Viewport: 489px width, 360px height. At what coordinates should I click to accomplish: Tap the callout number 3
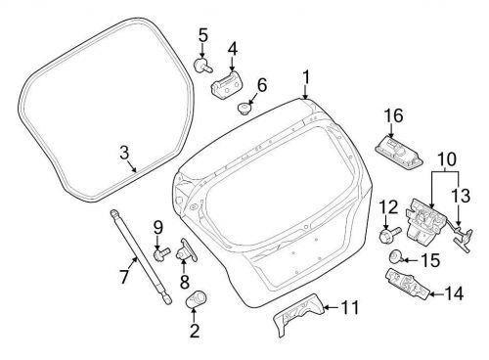[x=124, y=152]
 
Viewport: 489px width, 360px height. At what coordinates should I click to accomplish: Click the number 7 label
[x=124, y=277]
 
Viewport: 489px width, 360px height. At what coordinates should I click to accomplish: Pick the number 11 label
[x=350, y=309]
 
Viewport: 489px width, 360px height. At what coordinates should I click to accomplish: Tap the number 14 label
[x=454, y=292]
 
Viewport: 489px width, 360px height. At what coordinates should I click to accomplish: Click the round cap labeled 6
[x=244, y=106]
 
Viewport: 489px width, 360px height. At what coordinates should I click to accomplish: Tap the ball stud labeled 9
[x=161, y=255]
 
